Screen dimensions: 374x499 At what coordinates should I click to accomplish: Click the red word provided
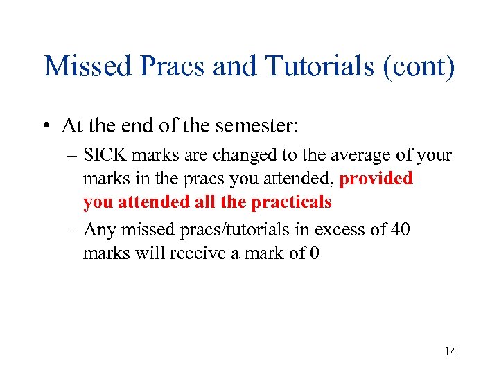(376, 179)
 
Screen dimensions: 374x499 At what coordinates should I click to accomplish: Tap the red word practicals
(291, 202)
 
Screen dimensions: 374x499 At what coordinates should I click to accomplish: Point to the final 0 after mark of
(315, 253)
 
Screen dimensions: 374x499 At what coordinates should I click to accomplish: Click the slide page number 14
(450, 352)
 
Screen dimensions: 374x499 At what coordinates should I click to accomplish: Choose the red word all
(216, 202)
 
